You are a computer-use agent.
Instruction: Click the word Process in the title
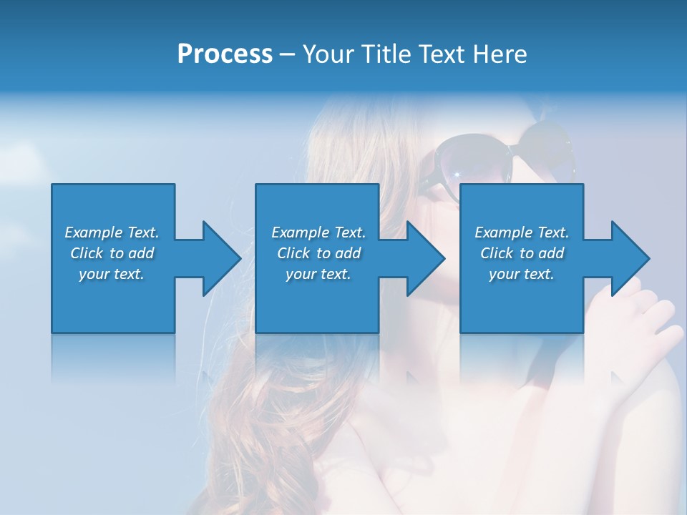225,54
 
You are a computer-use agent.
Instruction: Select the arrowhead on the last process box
629,258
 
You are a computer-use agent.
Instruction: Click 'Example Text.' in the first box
112,232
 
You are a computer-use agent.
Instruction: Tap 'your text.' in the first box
112,274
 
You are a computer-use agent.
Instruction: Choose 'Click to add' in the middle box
318,253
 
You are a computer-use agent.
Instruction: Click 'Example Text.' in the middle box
318,232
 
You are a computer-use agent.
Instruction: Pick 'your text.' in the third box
522,274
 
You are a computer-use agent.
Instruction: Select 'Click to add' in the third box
522,253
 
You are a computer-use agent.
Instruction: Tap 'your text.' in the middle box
318,274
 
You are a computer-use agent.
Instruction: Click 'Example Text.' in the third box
522,232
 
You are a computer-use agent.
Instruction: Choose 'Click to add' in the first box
112,253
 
